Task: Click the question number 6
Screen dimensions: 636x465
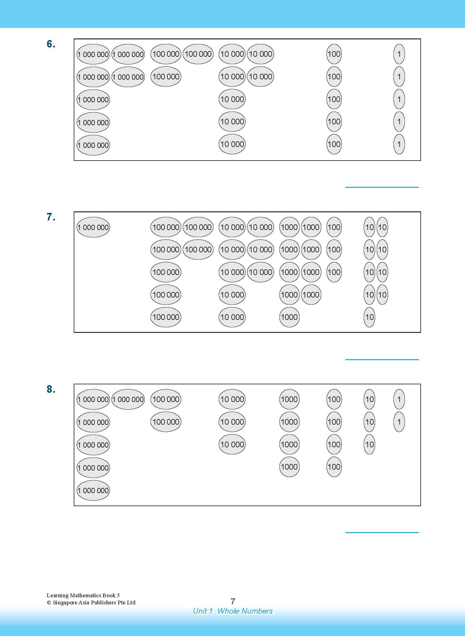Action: tap(51, 44)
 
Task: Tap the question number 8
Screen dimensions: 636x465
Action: tap(51, 389)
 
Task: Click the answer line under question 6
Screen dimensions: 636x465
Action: tap(382, 187)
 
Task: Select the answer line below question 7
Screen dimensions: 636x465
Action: tap(382, 360)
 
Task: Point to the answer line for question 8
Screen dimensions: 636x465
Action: tap(382, 532)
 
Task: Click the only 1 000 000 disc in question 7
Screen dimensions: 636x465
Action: tap(93, 227)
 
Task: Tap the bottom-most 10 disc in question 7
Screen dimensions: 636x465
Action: tap(369, 317)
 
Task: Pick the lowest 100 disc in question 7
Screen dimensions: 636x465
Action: tap(334, 272)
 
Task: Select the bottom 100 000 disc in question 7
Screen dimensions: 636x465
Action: tap(166, 317)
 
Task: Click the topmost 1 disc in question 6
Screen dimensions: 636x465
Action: tap(399, 54)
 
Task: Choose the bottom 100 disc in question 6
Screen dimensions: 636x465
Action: tap(334, 144)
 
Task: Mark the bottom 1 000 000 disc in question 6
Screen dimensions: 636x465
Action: tap(93, 145)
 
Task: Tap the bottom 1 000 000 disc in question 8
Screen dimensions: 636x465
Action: tap(93, 490)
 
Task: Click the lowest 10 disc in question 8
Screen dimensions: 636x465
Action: tap(369, 444)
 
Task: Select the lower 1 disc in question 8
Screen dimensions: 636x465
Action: tap(399, 422)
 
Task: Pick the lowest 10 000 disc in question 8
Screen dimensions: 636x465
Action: tap(232, 444)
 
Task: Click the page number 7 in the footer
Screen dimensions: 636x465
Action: tap(233, 601)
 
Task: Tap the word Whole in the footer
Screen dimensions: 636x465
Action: tap(229, 611)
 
